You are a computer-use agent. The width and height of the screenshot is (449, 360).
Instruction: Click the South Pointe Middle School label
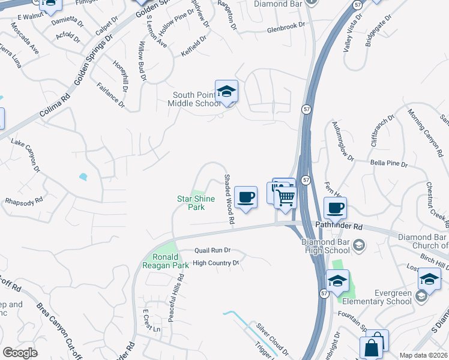pyautogui.click(x=196, y=99)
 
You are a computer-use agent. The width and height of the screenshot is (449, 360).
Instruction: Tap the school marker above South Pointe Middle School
pyautogui.click(x=226, y=91)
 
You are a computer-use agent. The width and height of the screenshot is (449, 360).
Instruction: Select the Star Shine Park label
pyautogui.click(x=195, y=203)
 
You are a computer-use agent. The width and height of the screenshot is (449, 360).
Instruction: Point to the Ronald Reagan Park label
pyautogui.click(x=166, y=261)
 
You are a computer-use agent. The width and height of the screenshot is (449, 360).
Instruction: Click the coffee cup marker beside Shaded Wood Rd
pyautogui.click(x=245, y=197)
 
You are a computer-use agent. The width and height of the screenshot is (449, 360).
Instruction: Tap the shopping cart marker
pyautogui.click(x=286, y=197)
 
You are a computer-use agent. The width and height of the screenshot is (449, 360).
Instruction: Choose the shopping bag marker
pyautogui.click(x=372, y=347)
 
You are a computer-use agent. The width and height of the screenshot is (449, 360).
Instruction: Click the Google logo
pyautogui.click(x=20, y=353)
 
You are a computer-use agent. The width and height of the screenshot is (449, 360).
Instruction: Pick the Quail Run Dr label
pyautogui.click(x=212, y=251)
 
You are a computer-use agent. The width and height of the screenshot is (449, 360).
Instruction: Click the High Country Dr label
pyautogui.click(x=215, y=263)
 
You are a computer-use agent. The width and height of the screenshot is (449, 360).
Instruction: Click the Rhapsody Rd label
pyautogui.click(x=24, y=200)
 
